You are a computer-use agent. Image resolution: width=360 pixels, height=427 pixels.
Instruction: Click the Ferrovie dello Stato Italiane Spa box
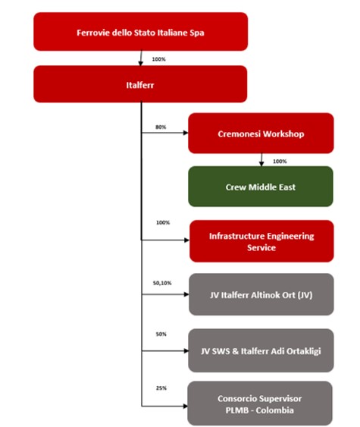141,32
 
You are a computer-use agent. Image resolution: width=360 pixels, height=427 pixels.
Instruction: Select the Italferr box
140,84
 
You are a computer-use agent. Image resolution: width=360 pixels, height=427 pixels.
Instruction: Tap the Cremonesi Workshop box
261,133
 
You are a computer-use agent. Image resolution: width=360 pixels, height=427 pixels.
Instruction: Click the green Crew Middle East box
261,187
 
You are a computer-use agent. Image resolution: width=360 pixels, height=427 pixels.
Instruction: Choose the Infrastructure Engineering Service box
261,241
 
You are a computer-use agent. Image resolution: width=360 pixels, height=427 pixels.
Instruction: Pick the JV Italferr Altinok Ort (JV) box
261,294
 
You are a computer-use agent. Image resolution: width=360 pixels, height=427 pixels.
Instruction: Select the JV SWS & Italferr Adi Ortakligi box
261,350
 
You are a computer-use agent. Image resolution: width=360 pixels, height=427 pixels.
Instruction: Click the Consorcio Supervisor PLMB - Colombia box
260,403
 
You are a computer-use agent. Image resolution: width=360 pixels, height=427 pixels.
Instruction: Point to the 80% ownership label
161,127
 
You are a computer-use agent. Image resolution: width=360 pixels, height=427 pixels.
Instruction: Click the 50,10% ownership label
162,283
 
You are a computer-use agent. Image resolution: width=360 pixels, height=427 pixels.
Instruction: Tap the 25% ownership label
161,388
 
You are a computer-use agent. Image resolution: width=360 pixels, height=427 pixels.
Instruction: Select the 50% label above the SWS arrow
161,334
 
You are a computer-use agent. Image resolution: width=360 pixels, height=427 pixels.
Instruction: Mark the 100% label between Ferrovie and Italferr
158,59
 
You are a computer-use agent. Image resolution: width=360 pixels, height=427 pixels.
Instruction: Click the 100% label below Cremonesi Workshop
280,162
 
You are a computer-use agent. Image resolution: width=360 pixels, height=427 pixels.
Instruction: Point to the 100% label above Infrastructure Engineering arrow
163,222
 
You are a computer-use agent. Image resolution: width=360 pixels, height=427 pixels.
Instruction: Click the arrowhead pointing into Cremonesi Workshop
186,133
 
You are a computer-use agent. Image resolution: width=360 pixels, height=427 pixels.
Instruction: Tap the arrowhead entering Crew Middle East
261,164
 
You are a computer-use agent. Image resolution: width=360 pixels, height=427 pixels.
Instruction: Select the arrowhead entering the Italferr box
140,63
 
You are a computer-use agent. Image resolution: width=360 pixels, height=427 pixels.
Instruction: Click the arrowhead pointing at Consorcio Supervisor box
185,407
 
